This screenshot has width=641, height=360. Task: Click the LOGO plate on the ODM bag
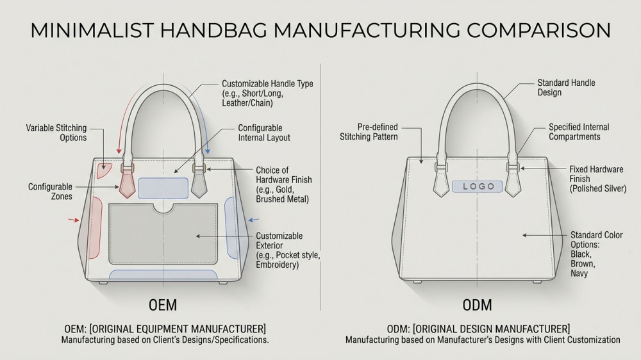(478, 186)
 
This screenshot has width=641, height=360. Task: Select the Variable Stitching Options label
(56, 133)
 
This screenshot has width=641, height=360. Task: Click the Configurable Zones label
(49, 192)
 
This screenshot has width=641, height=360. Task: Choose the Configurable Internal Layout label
(263, 133)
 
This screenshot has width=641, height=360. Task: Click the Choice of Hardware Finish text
(283, 184)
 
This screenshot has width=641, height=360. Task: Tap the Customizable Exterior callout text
(287, 250)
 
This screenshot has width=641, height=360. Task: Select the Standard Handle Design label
(556, 88)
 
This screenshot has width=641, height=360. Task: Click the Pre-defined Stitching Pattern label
(369, 132)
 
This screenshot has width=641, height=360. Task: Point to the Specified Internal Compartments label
(578, 132)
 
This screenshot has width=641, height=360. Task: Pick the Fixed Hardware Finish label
(596, 179)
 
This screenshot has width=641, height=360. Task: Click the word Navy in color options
(579, 274)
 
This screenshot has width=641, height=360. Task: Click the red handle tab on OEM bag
(127, 183)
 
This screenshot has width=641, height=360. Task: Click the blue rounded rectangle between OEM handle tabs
(163, 188)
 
